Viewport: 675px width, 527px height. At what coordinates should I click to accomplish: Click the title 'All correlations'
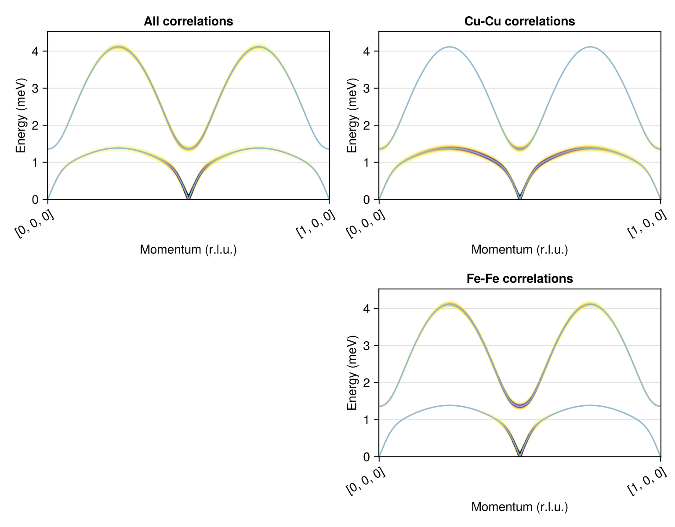point(189,21)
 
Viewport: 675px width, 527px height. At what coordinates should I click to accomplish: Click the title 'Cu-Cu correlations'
point(519,21)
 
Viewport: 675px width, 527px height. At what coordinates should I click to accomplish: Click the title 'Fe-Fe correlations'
point(519,278)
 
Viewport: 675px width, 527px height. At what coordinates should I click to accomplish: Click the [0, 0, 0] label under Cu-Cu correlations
point(366,224)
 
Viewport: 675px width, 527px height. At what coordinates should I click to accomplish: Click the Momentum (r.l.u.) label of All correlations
point(189,250)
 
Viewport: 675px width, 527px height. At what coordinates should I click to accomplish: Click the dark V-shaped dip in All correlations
point(189,196)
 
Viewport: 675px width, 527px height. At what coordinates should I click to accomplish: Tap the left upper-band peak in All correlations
point(118,47)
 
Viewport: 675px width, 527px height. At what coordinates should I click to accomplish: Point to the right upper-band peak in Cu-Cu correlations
point(590,47)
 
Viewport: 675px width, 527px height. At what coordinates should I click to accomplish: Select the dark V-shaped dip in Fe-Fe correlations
point(520,453)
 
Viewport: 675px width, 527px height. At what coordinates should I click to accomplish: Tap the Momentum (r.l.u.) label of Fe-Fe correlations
point(519,507)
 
